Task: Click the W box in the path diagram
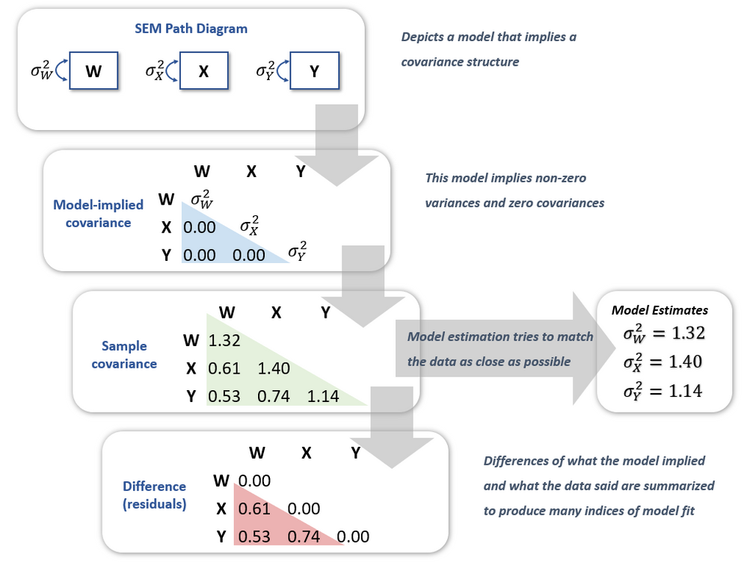click(94, 72)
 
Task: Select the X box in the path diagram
click(203, 72)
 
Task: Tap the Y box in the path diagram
click(313, 72)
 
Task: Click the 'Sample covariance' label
click(124, 355)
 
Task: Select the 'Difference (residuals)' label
click(153, 495)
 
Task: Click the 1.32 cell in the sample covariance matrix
click(224, 341)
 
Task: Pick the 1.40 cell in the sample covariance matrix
click(274, 368)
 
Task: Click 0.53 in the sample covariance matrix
click(224, 396)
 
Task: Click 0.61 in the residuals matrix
click(254, 509)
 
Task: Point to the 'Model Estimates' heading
click(660, 309)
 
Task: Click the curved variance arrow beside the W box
click(61, 72)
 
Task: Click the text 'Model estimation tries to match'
click(499, 336)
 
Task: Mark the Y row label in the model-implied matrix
click(166, 255)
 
